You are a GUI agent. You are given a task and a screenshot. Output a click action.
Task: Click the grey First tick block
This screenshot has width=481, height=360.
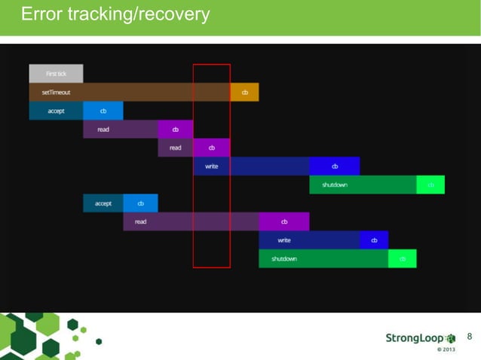pyautogui.click(x=56, y=74)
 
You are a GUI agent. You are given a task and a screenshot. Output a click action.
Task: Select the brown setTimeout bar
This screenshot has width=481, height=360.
pyautogui.click(x=129, y=93)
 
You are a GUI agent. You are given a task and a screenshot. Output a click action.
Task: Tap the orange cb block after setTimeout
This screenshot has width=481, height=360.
pyautogui.click(x=244, y=93)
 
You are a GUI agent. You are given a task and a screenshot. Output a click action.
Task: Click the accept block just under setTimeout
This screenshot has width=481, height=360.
pyautogui.click(x=56, y=111)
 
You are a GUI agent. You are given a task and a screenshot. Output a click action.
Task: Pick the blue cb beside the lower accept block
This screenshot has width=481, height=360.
pyautogui.click(x=140, y=203)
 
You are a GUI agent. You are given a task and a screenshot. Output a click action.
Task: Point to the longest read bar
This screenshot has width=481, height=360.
pyautogui.click(x=191, y=222)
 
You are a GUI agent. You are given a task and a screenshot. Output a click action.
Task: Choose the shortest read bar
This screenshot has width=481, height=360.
pyautogui.click(x=175, y=148)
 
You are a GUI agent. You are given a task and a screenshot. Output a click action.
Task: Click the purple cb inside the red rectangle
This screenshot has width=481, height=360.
pyautogui.click(x=212, y=148)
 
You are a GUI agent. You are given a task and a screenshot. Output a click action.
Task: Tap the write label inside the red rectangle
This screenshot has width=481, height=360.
pyautogui.click(x=212, y=166)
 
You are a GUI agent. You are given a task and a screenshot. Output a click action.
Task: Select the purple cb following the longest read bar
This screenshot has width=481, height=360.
pyautogui.click(x=284, y=222)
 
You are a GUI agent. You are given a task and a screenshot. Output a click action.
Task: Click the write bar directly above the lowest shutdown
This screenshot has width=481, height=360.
pyautogui.click(x=309, y=240)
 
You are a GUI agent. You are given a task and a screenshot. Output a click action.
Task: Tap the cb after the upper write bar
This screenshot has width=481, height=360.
pyautogui.click(x=334, y=166)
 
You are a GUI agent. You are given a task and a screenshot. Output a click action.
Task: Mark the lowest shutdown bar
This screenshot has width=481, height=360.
pyautogui.click(x=323, y=259)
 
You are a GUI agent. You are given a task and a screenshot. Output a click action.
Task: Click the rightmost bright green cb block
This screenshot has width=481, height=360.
pyautogui.click(x=430, y=185)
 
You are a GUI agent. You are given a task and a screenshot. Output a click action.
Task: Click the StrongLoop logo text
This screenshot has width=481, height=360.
pyautogui.click(x=415, y=338)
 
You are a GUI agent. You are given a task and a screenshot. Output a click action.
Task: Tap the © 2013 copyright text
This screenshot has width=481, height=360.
pyautogui.click(x=446, y=349)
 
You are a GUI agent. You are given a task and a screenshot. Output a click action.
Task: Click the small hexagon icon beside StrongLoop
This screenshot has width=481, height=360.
pyautogui.click(x=452, y=338)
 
